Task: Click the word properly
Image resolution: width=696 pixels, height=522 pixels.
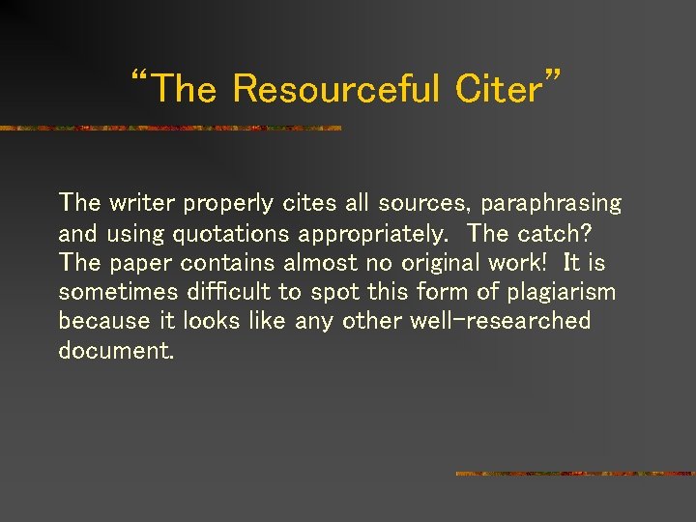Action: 229,204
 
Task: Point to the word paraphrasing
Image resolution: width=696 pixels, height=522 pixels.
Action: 551,204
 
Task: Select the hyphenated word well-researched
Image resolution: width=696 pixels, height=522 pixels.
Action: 514,321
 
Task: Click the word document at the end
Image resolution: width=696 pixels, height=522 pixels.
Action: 116,350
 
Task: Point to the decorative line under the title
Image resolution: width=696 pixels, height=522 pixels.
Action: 170,128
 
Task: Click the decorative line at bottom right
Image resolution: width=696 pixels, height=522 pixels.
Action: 574,474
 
